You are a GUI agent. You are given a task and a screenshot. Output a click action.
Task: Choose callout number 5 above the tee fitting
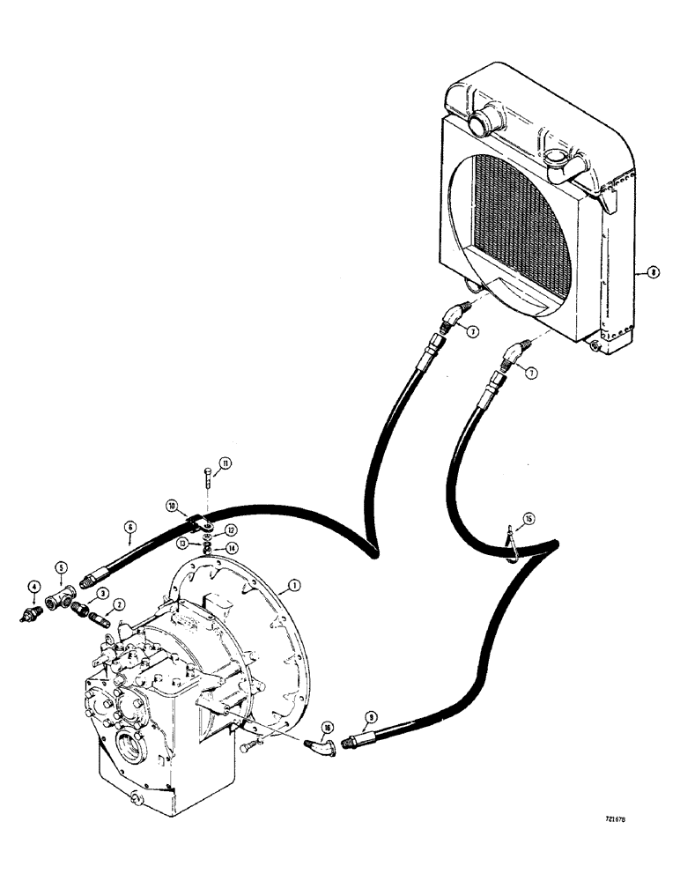pos(62,566)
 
